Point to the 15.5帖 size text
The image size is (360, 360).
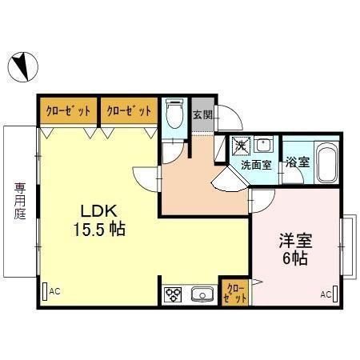tap(99, 229)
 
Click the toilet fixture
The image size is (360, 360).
tap(173, 115)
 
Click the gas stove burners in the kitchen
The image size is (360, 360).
tap(174, 295)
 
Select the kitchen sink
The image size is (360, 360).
tap(202, 295)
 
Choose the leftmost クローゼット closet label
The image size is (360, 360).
tap(66, 110)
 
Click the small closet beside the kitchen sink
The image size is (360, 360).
tap(237, 292)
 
